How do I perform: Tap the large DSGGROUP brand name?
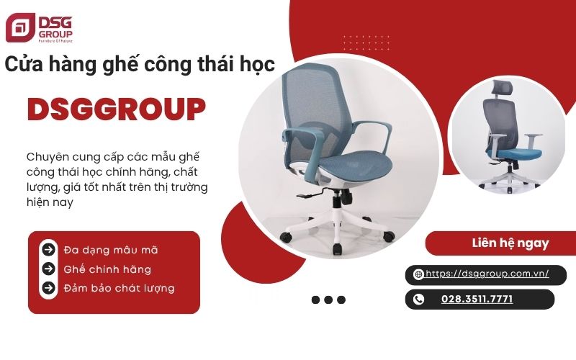(116, 110)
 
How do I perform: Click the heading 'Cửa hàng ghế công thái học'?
(140, 64)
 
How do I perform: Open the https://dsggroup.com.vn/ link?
(487, 274)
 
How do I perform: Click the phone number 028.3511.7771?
(477, 299)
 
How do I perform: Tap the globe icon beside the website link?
(418, 274)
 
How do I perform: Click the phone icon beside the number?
(418, 299)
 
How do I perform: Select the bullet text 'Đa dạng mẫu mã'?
(110, 250)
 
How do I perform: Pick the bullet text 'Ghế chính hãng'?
(107, 269)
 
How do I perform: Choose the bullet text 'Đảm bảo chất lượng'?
(119, 288)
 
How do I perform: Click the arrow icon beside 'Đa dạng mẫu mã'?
(48, 250)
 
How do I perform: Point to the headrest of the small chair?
(499, 107)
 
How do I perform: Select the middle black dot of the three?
(328, 300)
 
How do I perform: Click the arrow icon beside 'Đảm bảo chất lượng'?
(48, 288)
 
